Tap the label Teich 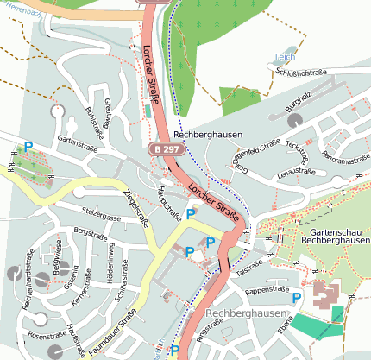284,57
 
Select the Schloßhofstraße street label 301,79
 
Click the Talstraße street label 248,270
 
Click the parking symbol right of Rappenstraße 297,298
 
